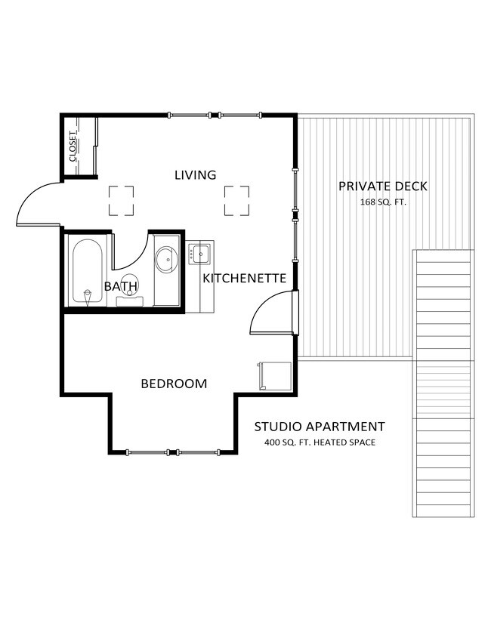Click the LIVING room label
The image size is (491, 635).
pyautogui.click(x=195, y=175)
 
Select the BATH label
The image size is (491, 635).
pyautogui.click(x=121, y=286)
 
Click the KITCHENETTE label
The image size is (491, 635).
pyautogui.click(x=244, y=279)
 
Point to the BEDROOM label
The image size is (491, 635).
pyautogui.click(x=174, y=384)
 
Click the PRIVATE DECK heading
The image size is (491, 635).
pyautogui.click(x=383, y=186)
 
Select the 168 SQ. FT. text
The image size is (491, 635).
pyautogui.click(x=383, y=202)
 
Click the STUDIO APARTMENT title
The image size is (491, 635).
pyautogui.click(x=320, y=427)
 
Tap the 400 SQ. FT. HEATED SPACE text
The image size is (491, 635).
pyautogui.click(x=320, y=442)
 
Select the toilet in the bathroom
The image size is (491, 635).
pyautogui.click(x=130, y=291)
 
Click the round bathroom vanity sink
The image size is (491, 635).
pyautogui.click(x=166, y=261)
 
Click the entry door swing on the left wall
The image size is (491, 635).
pyautogui.click(x=38, y=202)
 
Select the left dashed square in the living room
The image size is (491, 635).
pyautogui.click(x=121, y=201)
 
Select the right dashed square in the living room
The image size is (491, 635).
pyautogui.click(x=236, y=201)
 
